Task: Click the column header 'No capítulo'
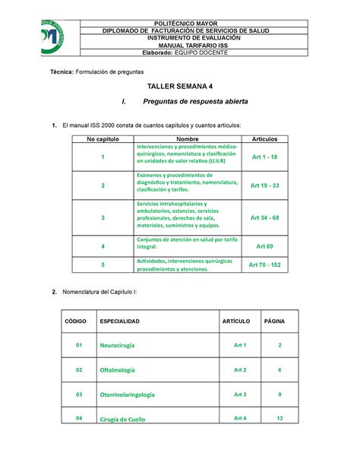click(102, 139)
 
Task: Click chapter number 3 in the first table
click(103, 217)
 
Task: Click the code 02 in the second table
click(78, 370)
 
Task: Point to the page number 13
click(279, 418)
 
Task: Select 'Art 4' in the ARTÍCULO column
click(240, 418)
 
